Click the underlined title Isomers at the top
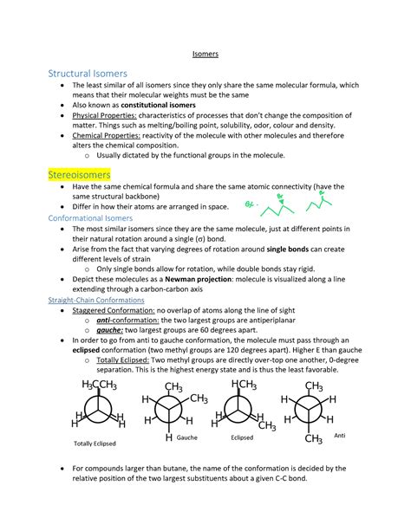coord(205,53)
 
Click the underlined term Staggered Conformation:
coord(116,310)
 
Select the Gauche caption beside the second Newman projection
coord(187,437)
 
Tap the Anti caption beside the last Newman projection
coord(339,435)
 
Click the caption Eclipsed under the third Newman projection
coord(242,438)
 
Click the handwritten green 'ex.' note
coord(249,205)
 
